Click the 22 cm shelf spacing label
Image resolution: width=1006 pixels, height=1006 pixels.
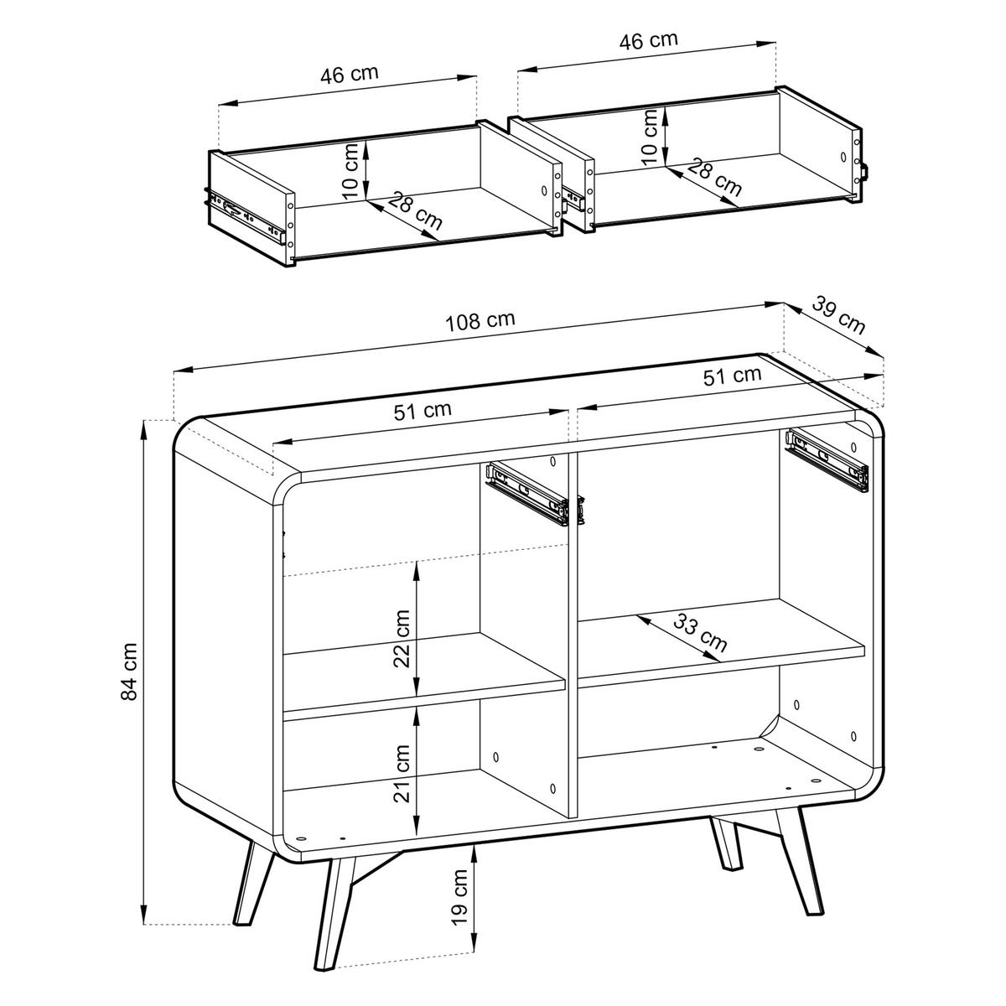coord(402,638)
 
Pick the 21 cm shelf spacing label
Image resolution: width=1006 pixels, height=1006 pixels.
coord(402,772)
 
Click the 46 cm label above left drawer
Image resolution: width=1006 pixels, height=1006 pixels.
coord(350,74)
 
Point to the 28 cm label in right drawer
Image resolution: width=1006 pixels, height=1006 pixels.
coord(714,177)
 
